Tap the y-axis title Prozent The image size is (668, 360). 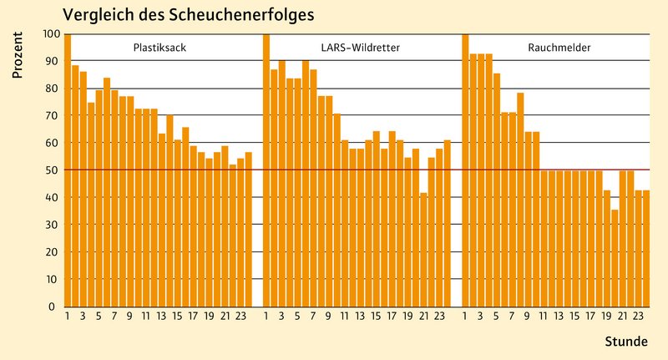coord(17,58)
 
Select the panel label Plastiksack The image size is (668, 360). coord(159,48)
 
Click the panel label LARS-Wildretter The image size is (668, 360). coord(360,48)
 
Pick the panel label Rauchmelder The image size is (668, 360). coord(559,48)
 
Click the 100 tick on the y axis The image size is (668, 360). coord(51,34)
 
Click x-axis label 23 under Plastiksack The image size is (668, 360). coord(240,316)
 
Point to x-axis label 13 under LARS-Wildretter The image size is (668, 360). coord(360,316)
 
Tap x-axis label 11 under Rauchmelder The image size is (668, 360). coord(543,316)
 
